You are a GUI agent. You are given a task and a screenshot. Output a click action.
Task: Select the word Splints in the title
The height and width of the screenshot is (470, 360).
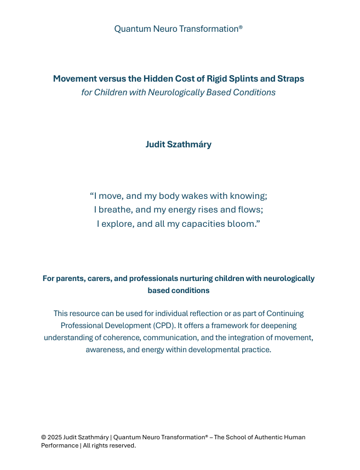[249, 78]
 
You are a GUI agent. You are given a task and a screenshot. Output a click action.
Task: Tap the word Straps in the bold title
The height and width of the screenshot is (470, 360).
[290, 78]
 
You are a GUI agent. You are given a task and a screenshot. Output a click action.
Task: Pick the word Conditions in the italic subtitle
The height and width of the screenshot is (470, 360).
[254, 92]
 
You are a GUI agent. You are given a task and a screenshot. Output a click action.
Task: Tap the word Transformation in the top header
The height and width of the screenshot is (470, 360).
[208, 28]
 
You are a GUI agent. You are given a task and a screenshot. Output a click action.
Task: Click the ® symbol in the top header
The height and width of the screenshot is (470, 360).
[241, 26]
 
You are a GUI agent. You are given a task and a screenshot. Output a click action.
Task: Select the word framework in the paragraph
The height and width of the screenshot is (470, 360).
[232, 325]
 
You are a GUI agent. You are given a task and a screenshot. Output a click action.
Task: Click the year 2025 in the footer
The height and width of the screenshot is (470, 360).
[54, 437]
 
